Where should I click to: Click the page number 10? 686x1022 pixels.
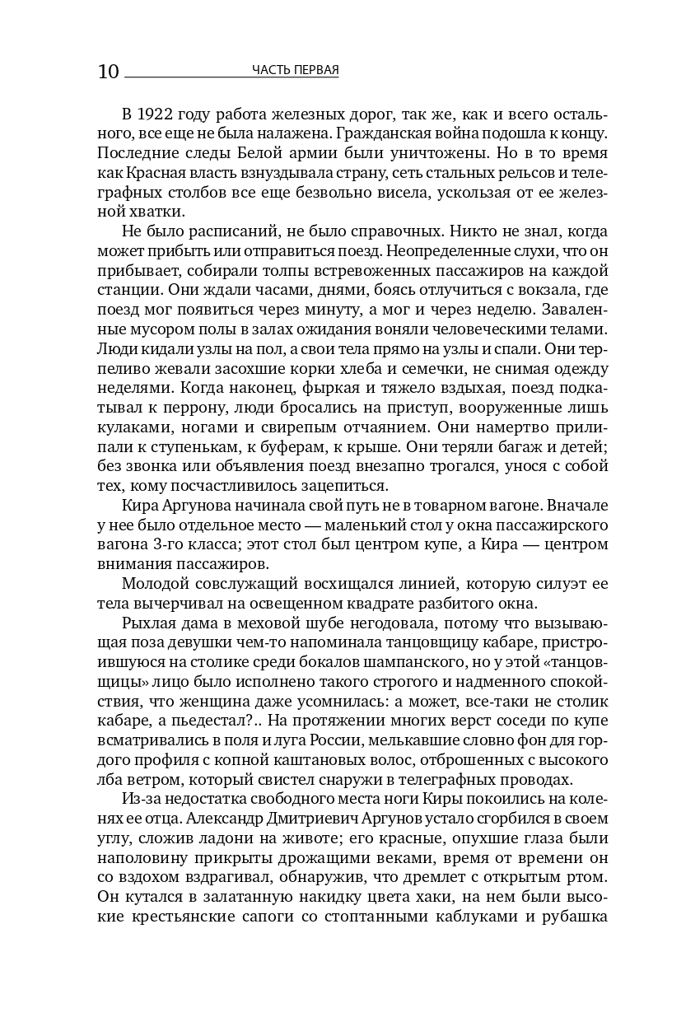(108, 72)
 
